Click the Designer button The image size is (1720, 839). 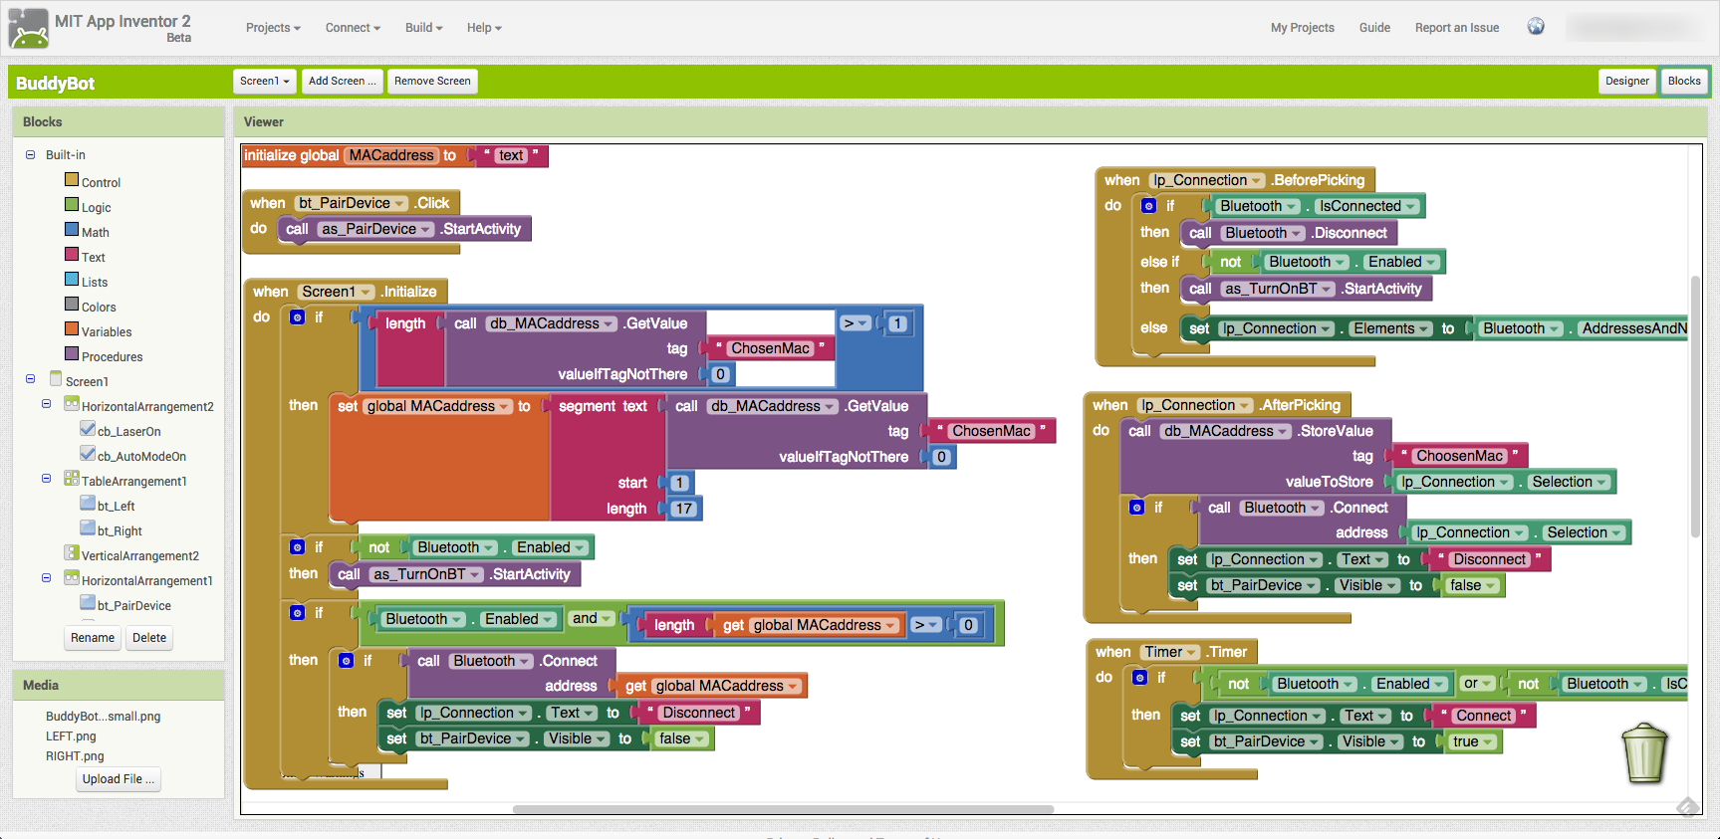point(1626,82)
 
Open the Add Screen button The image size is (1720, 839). point(342,82)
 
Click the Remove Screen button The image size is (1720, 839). point(432,82)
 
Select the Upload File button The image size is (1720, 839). point(119,779)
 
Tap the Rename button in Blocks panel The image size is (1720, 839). point(93,638)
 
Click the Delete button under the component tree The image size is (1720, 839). point(149,638)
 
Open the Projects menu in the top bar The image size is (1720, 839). point(273,28)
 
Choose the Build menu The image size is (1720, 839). point(423,28)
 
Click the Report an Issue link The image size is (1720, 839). point(1456,28)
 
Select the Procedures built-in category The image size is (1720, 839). point(112,357)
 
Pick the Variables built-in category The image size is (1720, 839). point(107,332)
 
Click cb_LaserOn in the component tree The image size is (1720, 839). point(128,432)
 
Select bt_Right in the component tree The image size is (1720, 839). point(120,531)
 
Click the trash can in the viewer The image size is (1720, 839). point(1644,753)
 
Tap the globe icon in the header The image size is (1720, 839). point(1536,27)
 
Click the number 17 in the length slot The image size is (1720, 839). point(684,509)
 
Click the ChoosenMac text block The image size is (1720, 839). point(1459,456)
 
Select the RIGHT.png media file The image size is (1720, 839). point(75,756)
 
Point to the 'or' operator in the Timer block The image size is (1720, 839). point(1471,684)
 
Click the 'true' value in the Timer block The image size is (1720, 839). point(1466,741)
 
